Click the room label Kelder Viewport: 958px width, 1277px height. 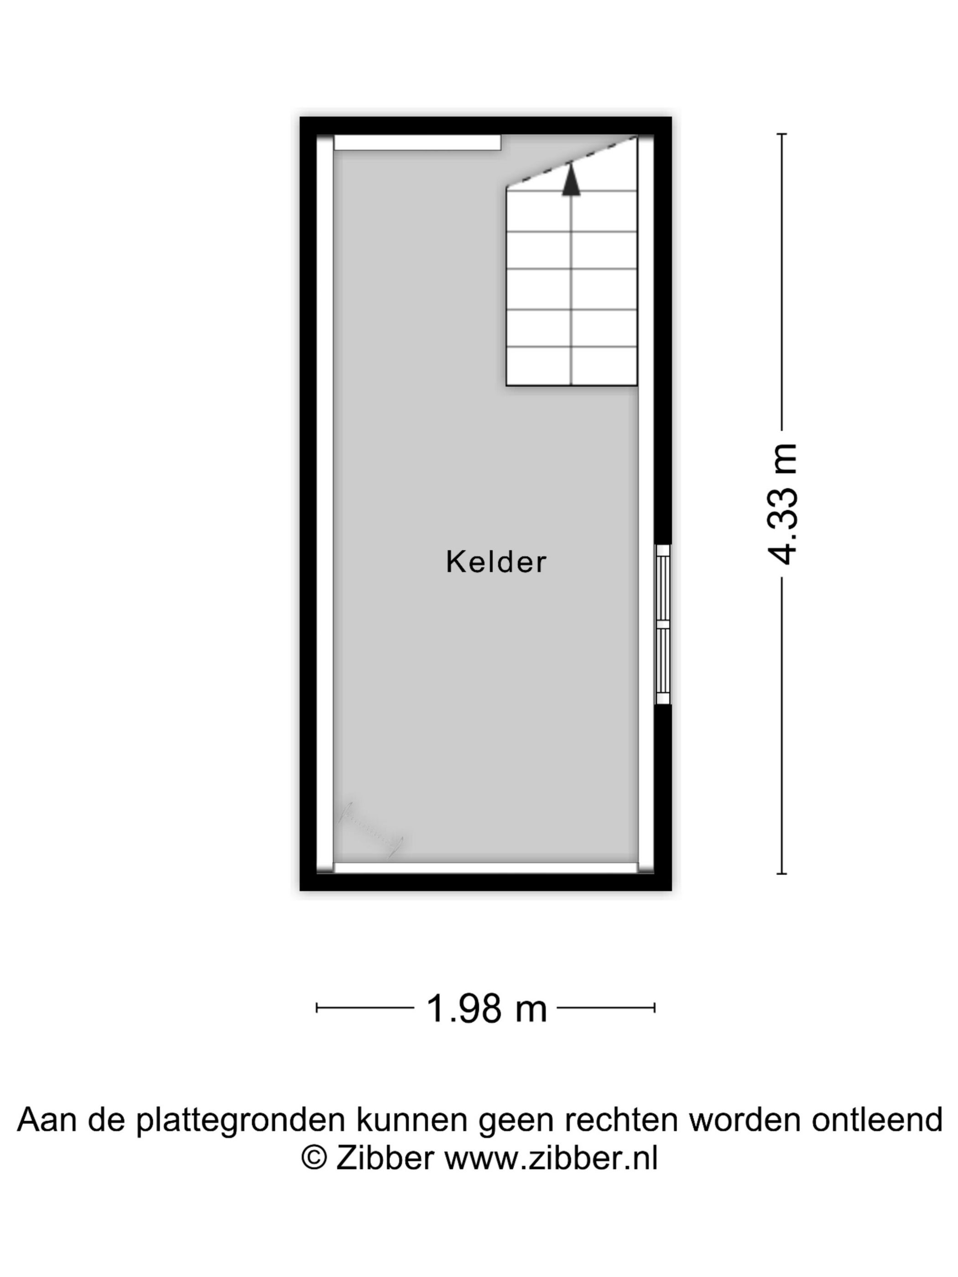point(495,562)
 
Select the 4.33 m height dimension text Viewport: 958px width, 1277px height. point(782,504)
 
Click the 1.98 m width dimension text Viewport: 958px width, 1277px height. point(486,1008)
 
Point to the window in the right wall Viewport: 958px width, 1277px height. point(663,624)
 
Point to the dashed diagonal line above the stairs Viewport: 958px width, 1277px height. point(572,161)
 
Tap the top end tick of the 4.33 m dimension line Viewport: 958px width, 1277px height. point(782,134)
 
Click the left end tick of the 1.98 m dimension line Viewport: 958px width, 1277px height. point(317,1008)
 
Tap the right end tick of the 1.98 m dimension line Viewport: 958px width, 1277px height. point(654,1008)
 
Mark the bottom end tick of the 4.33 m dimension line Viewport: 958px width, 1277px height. point(782,874)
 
